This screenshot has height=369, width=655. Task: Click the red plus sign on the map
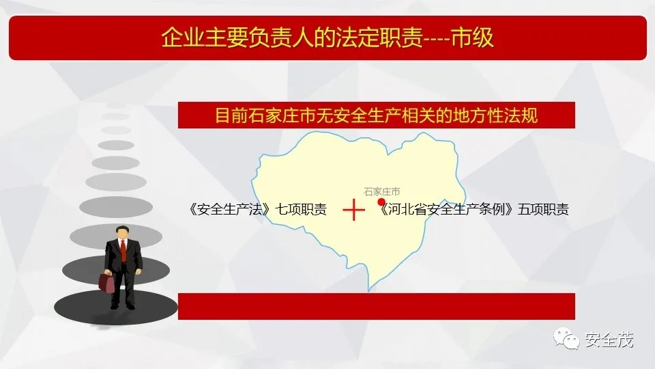pyautogui.click(x=353, y=210)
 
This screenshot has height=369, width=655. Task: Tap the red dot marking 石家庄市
pyautogui.click(x=381, y=202)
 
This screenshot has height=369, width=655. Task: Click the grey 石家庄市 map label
pyautogui.click(x=382, y=191)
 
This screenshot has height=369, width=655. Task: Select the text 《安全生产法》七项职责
pyautogui.click(x=257, y=209)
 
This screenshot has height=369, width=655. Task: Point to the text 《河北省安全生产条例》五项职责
pyautogui.click(x=473, y=209)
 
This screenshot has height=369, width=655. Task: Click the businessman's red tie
pyautogui.click(x=123, y=250)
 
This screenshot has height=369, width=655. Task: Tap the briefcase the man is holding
pyautogui.click(x=107, y=282)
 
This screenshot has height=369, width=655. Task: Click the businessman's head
pyautogui.click(x=122, y=232)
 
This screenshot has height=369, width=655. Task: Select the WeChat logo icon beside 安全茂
pyautogui.click(x=566, y=338)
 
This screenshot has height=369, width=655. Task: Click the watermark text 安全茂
pyautogui.click(x=609, y=340)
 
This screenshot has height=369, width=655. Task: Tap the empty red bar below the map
pyautogui.click(x=377, y=306)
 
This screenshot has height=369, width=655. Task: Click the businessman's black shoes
pyautogui.click(x=123, y=306)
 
